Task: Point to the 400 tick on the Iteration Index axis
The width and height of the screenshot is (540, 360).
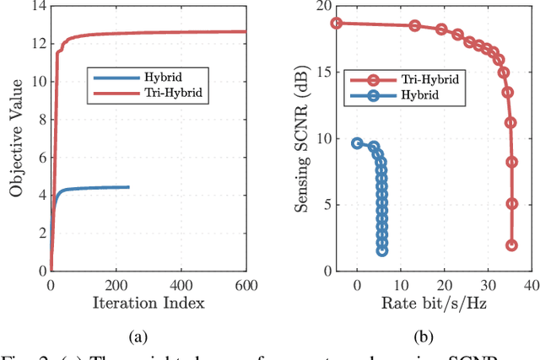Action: (181, 284)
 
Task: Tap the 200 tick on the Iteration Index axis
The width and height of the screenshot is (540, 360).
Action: (116, 284)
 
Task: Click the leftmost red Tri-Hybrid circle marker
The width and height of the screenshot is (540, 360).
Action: (337, 23)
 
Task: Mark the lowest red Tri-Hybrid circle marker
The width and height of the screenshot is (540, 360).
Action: (511, 245)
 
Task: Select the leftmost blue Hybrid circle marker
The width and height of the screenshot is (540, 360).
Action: (357, 143)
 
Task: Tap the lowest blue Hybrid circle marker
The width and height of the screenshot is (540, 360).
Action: (382, 250)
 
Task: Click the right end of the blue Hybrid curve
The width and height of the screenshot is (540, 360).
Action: (129, 187)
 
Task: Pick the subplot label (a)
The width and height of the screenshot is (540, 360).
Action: (138, 337)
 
